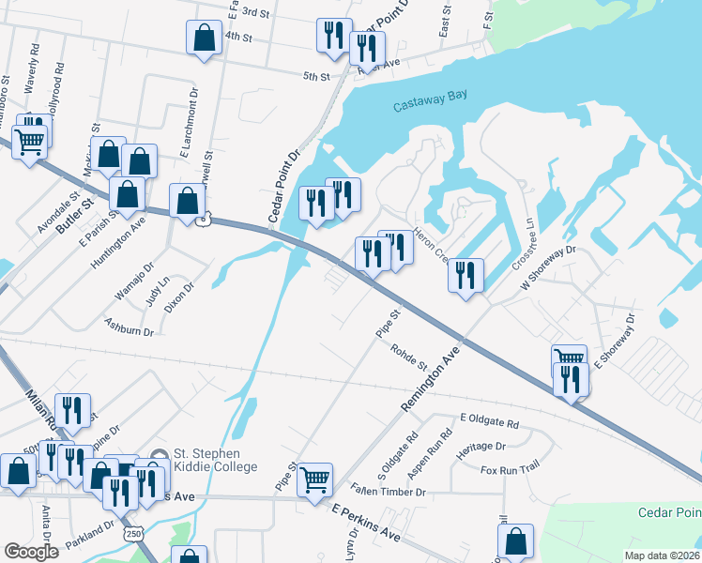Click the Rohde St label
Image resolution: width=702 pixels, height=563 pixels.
tap(409, 356)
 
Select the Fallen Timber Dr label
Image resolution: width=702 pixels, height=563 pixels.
tap(389, 490)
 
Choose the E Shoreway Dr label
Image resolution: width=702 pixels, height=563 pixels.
tap(615, 338)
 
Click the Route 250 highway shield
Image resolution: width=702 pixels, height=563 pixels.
tap(133, 533)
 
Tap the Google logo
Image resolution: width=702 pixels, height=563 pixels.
tap(31, 551)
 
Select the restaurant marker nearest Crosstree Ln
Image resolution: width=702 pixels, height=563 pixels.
tap(465, 276)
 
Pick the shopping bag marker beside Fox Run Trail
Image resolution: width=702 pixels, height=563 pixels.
tap(515, 540)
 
